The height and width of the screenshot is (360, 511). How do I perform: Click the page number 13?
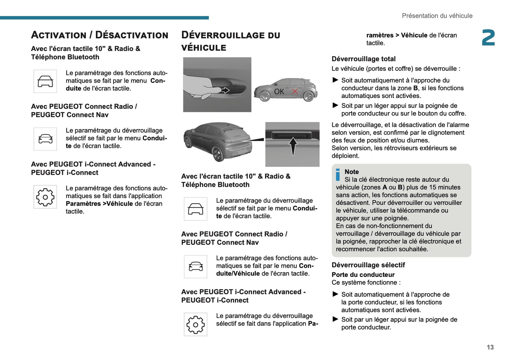490,347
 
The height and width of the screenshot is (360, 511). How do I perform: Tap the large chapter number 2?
488,38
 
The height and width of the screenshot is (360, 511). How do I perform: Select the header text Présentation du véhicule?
437,16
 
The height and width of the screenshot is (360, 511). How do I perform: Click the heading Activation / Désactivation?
100,35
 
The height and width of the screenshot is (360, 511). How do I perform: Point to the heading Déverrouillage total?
363,59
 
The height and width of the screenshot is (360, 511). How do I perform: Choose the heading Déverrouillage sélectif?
368,265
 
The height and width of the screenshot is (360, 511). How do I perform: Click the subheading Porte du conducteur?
363,275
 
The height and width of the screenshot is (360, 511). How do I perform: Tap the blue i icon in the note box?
338,175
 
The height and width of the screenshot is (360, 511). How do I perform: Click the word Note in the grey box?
352,172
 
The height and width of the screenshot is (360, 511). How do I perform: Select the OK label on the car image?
279,92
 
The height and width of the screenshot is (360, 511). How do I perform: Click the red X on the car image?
295,92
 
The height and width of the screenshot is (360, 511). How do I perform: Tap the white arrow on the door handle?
225,91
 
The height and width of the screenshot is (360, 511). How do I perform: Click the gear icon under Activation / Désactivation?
45,197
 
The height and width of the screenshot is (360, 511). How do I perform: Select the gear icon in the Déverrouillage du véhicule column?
196,325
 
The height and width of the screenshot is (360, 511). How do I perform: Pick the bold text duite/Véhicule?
238,274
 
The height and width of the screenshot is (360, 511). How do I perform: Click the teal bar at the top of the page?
104,18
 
